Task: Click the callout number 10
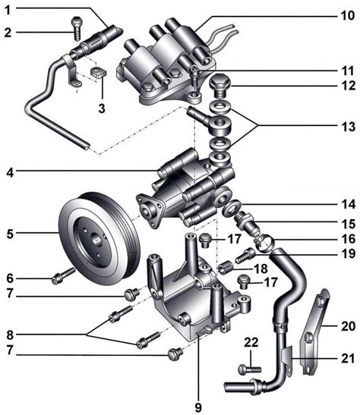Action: [348, 15]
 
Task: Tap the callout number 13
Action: [348, 127]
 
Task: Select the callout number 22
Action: [251, 342]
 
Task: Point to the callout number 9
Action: [198, 407]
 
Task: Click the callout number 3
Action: [102, 108]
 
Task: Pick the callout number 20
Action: [348, 326]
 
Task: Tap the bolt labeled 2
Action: [77, 28]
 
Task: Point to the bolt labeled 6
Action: [64, 275]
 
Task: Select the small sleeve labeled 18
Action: [226, 268]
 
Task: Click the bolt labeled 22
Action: [250, 369]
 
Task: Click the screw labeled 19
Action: [245, 256]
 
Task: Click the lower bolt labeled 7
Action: [175, 354]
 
